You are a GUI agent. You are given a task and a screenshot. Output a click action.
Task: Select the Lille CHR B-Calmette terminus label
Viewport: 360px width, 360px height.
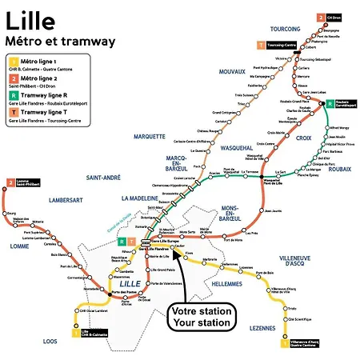(x=94, y=333)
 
